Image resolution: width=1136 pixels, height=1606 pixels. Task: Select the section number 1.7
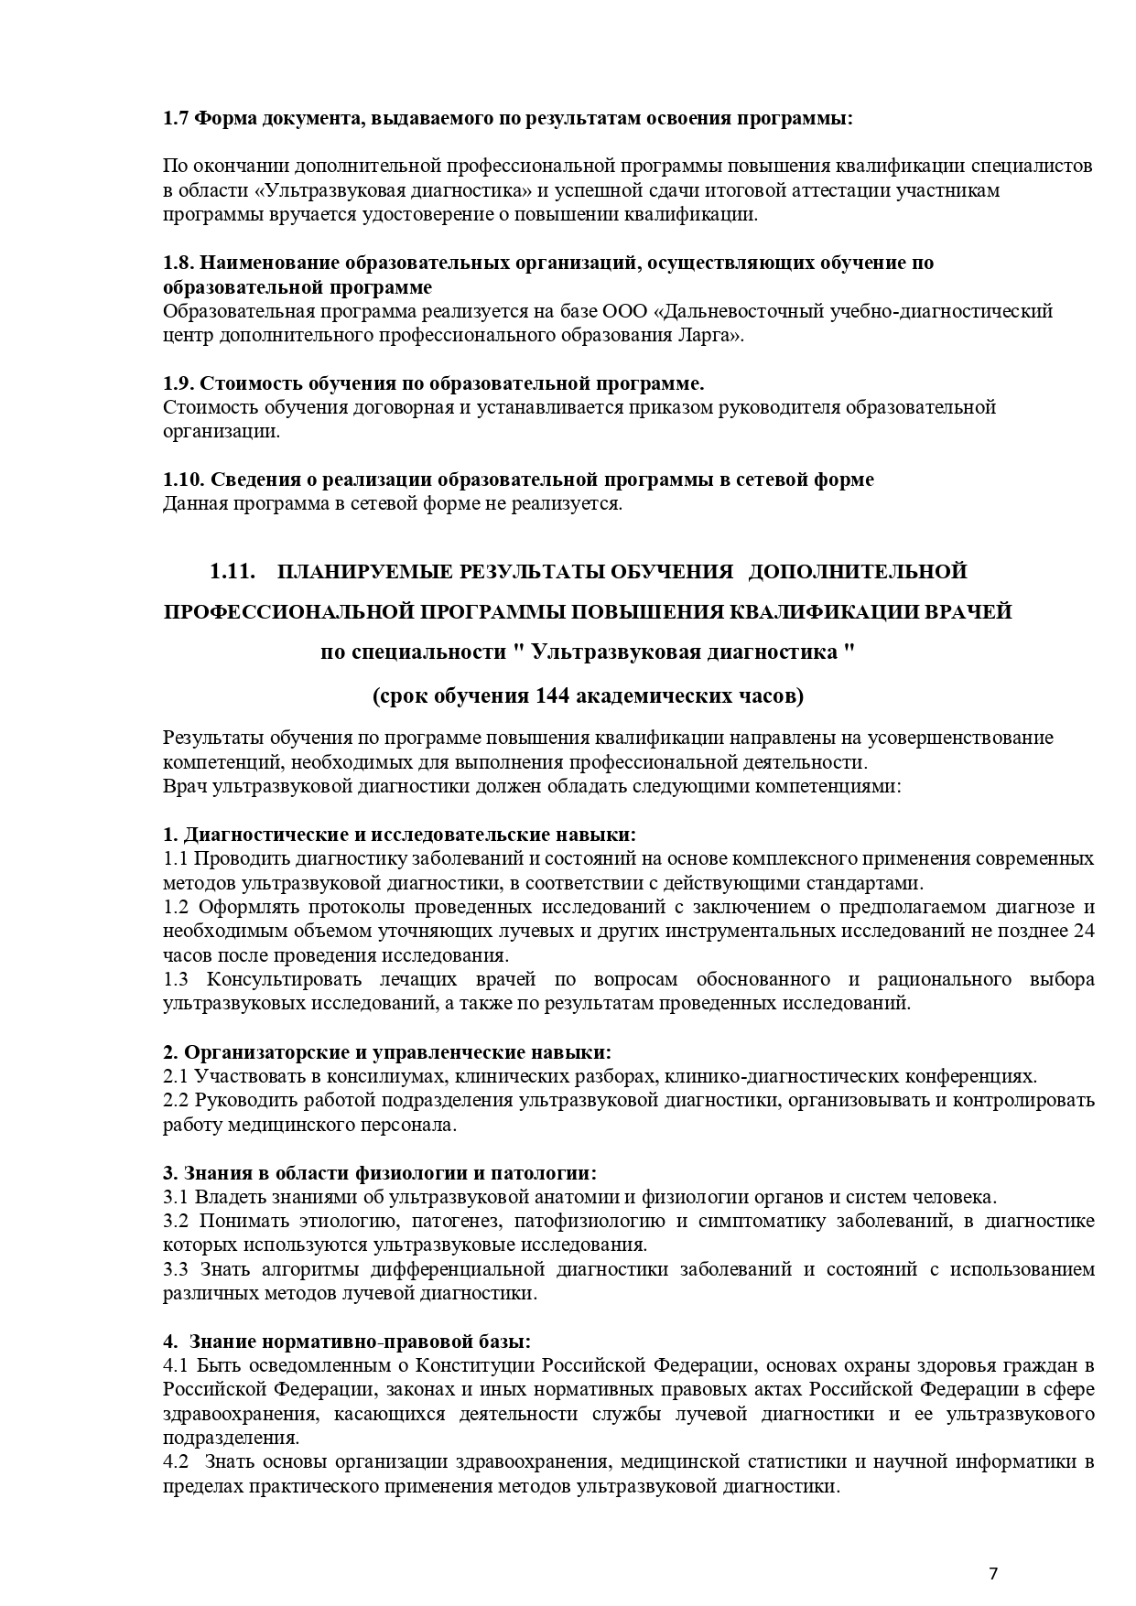[177, 119]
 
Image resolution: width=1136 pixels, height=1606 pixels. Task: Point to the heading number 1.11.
[231, 572]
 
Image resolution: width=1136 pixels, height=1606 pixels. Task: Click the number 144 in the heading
[551, 695]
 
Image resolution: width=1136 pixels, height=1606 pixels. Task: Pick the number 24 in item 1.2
[1084, 931]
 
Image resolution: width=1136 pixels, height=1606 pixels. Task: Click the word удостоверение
[388, 215]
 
